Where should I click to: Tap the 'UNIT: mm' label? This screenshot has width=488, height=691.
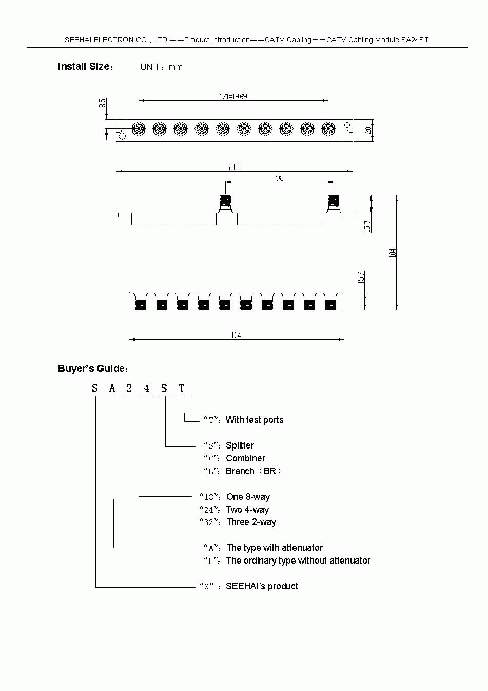(x=161, y=67)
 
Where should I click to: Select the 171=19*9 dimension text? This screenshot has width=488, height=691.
(x=233, y=96)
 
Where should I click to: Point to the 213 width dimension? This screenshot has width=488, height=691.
(x=234, y=167)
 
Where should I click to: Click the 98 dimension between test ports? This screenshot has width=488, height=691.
(x=280, y=178)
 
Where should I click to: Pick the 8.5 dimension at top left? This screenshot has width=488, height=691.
(x=103, y=103)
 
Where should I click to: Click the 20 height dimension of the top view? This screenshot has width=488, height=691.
(x=368, y=130)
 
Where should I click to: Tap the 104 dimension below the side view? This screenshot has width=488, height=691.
(x=236, y=335)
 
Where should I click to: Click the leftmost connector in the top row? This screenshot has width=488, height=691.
(x=139, y=128)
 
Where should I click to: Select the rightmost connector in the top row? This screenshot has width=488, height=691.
(x=328, y=128)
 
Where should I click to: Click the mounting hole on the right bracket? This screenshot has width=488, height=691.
(x=347, y=125)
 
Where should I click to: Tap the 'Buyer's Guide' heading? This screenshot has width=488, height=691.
(x=93, y=369)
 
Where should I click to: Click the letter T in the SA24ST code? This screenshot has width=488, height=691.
(x=182, y=388)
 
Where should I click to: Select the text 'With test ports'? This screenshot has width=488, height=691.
(x=255, y=420)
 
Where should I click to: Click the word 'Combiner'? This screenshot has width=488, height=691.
(x=245, y=458)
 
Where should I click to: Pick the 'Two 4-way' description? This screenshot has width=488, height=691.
(x=247, y=510)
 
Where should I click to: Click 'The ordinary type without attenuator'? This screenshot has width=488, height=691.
(x=298, y=561)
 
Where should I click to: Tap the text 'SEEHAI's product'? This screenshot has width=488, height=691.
(x=262, y=586)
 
